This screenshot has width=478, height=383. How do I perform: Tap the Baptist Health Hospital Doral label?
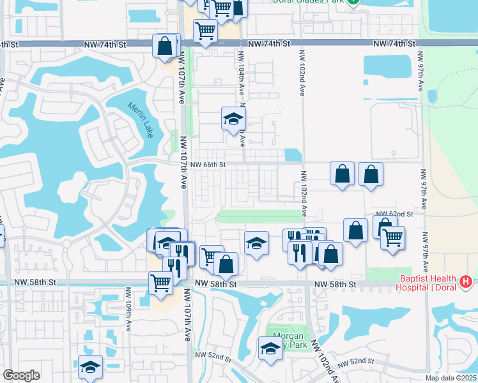click(428, 283)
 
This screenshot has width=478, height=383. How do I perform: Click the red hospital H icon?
click(466, 280)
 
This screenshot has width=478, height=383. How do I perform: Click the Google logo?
click(21, 375)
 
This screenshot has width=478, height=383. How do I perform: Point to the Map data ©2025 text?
click(446, 377)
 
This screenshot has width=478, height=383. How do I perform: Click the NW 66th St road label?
click(208, 164)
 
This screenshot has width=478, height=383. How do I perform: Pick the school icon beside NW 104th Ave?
click(233, 119)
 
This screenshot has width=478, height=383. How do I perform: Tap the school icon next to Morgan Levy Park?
click(270, 349)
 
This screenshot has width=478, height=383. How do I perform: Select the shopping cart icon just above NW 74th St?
click(205, 30)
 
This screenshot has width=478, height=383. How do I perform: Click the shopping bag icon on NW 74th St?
click(165, 46)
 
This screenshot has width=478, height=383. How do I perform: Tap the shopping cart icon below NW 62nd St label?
click(392, 237)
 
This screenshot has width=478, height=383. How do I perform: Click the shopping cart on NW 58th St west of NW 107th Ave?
click(160, 283)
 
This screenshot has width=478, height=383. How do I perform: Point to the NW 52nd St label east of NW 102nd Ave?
click(356, 363)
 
